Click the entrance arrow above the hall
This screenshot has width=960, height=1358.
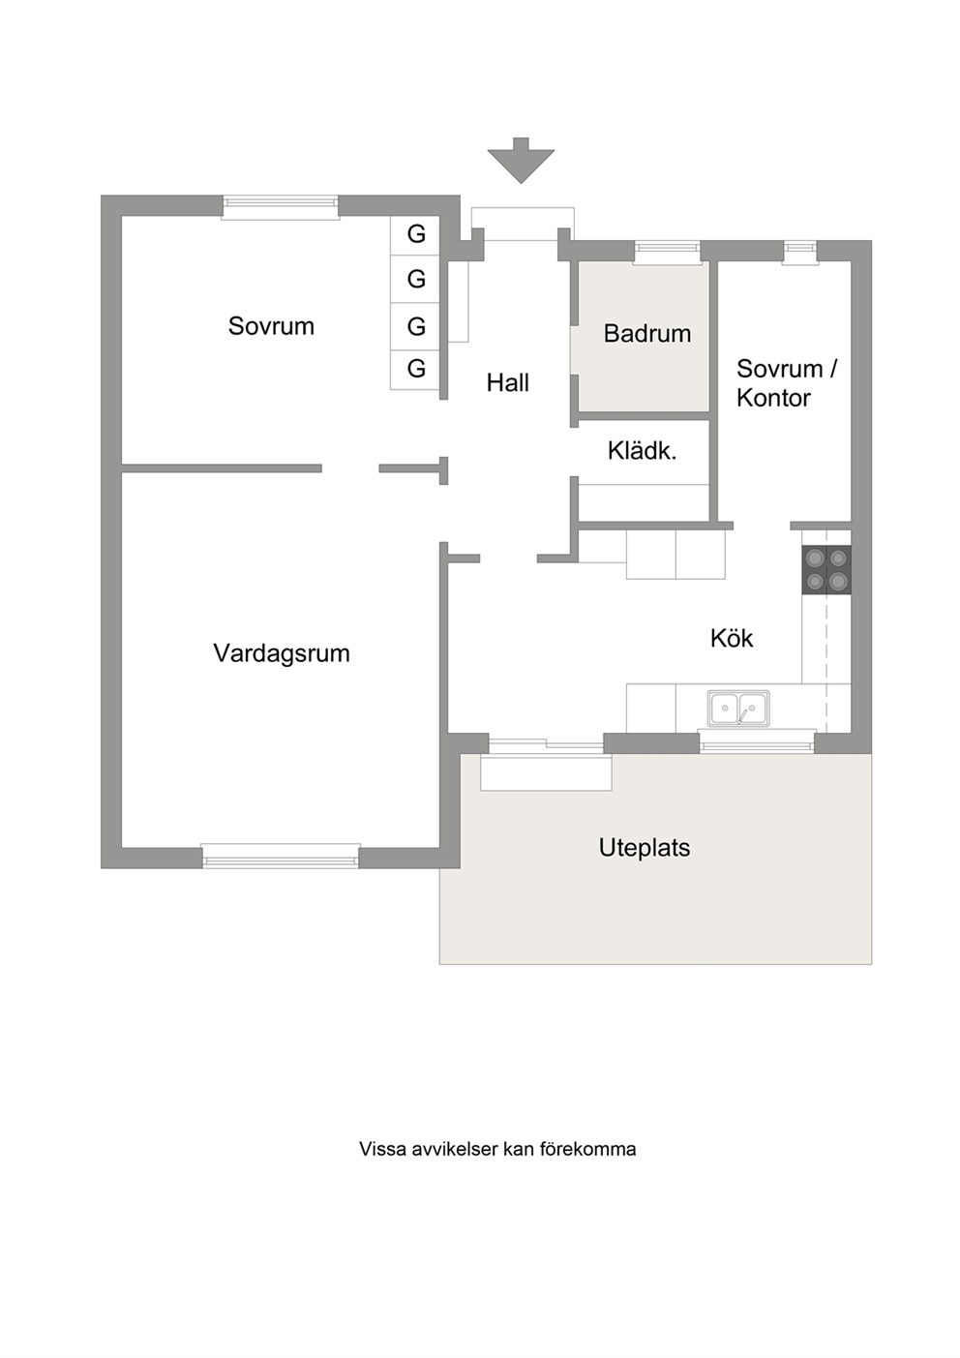pyautogui.click(x=521, y=160)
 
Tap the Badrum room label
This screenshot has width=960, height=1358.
pyautogui.click(x=647, y=334)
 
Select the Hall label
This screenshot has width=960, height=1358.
pyautogui.click(x=508, y=383)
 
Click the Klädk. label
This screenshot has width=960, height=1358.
pyautogui.click(x=642, y=451)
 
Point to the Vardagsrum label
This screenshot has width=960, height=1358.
pyautogui.click(x=282, y=653)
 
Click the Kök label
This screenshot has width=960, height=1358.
pyautogui.click(x=732, y=638)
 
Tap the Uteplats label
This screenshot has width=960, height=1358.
pyautogui.click(x=645, y=848)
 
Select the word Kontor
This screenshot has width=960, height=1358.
pyautogui.click(x=773, y=399)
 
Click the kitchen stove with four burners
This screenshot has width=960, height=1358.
pyautogui.click(x=826, y=569)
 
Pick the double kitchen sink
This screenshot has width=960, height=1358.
pyautogui.click(x=738, y=709)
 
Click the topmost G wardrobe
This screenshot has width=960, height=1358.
pyautogui.click(x=415, y=234)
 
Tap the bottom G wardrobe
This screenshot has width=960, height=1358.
pyautogui.click(x=415, y=369)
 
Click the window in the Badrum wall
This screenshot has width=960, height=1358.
pyautogui.click(x=667, y=253)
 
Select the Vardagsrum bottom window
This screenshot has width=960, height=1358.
pyautogui.click(x=281, y=857)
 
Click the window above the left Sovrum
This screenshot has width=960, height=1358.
pyautogui.click(x=280, y=207)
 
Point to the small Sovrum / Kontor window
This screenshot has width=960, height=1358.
pyautogui.click(x=800, y=253)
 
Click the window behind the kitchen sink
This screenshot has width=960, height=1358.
pyautogui.click(x=757, y=740)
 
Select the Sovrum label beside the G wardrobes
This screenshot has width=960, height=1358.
pyautogui.click(x=271, y=327)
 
